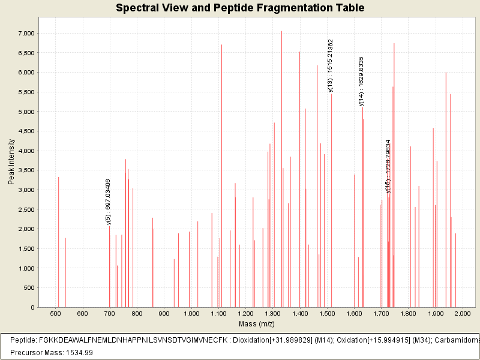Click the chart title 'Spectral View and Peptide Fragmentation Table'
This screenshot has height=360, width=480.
[x=240, y=8]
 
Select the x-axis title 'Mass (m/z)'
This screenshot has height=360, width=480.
[x=257, y=324]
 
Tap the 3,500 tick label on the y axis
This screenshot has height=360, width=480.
[x=26, y=151]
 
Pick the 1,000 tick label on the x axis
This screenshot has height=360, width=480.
[x=191, y=314]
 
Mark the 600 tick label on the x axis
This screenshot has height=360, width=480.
[x=83, y=314]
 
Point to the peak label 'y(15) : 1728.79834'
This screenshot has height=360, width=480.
[x=388, y=167]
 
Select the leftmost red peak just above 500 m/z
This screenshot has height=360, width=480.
[x=58, y=240]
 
